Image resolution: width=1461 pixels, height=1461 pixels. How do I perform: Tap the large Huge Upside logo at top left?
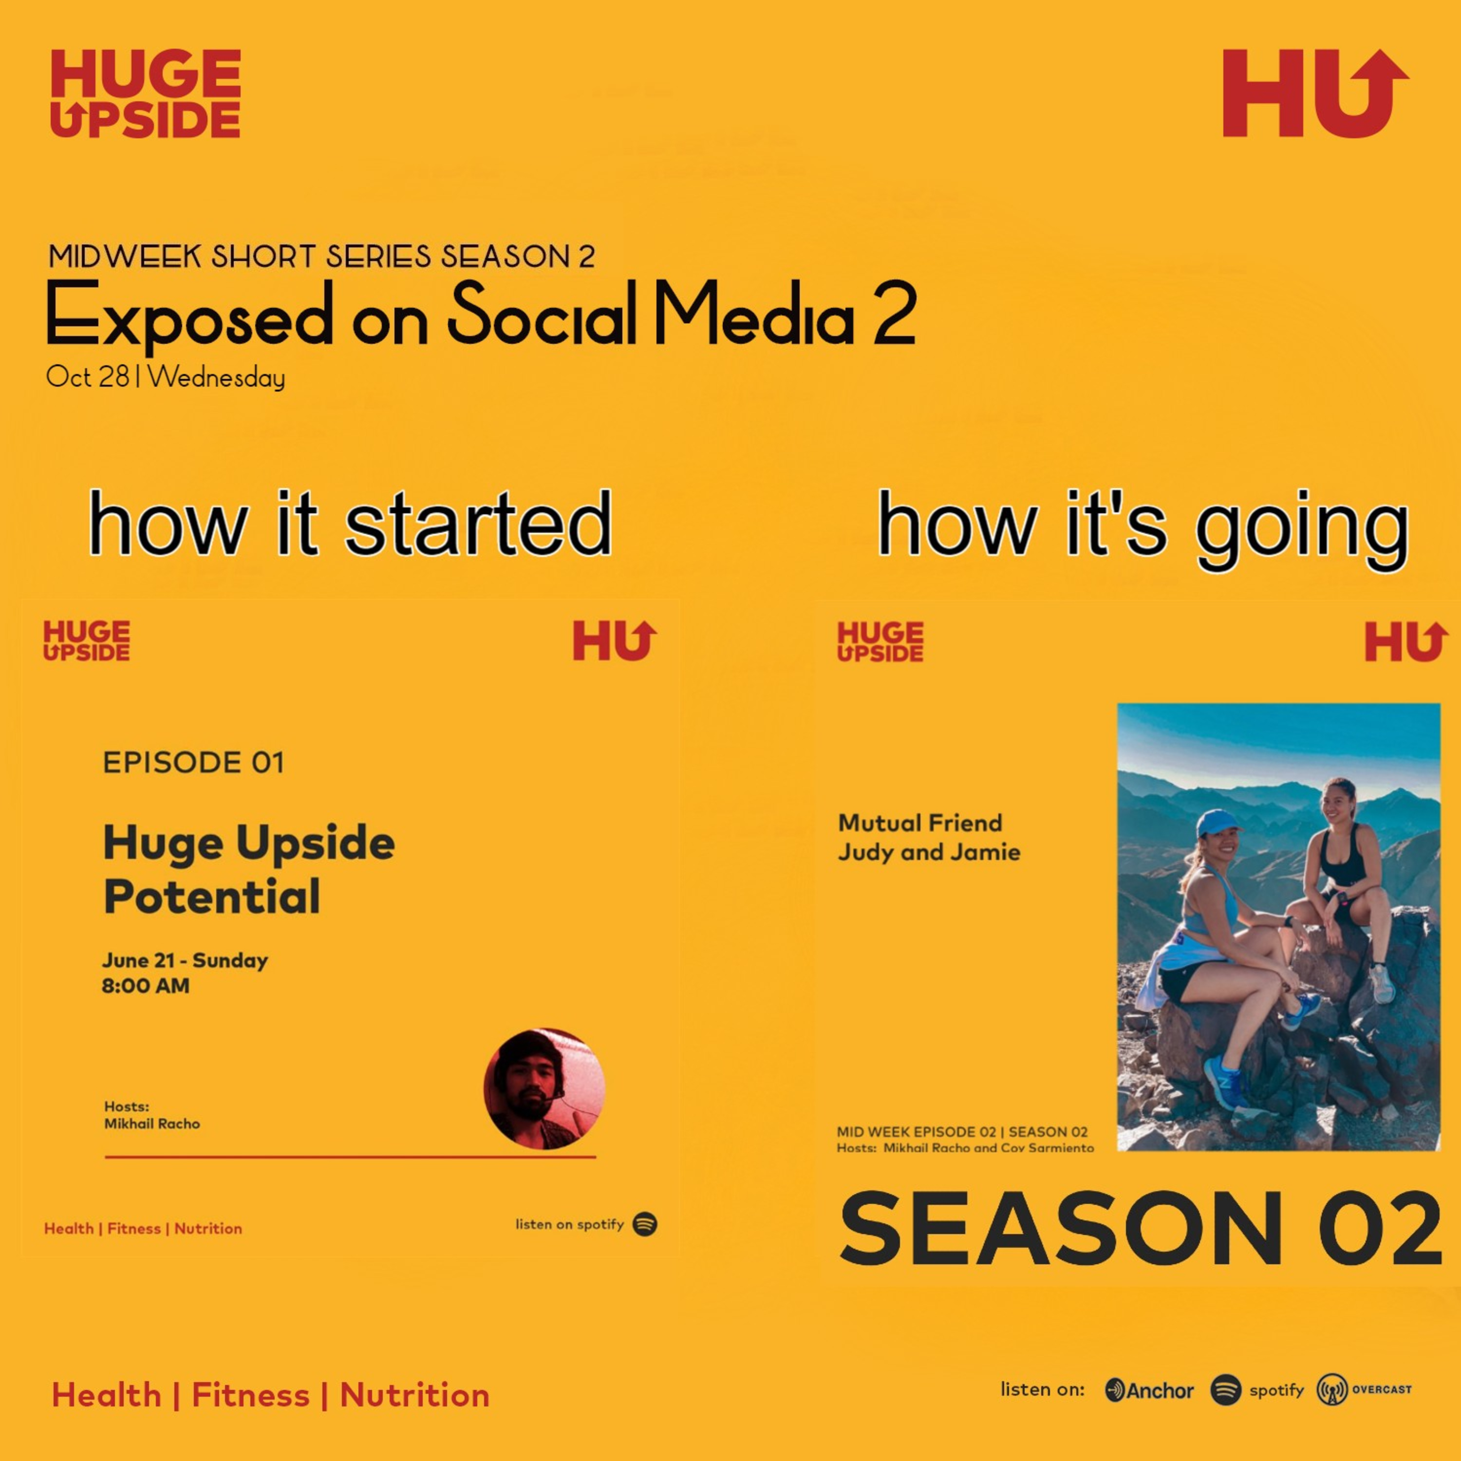pyautogui.click(x=145, y=94)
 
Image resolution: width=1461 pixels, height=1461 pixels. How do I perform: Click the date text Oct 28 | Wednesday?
pyautogui.click(x=166, y=376)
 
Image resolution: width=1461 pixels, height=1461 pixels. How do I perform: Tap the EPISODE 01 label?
pyautogui.click(x=194, y=762)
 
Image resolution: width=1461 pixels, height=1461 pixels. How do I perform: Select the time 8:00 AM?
pyautogui.click(x=146, y=986)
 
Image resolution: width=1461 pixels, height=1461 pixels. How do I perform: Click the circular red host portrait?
pyautogui.click(x=544, y=1088)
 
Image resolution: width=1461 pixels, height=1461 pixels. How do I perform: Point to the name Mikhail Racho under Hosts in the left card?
pyautogui.click(x=152, y=1124)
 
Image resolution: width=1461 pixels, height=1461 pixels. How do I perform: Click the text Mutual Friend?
pyautogui.click(x=920, y=823)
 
